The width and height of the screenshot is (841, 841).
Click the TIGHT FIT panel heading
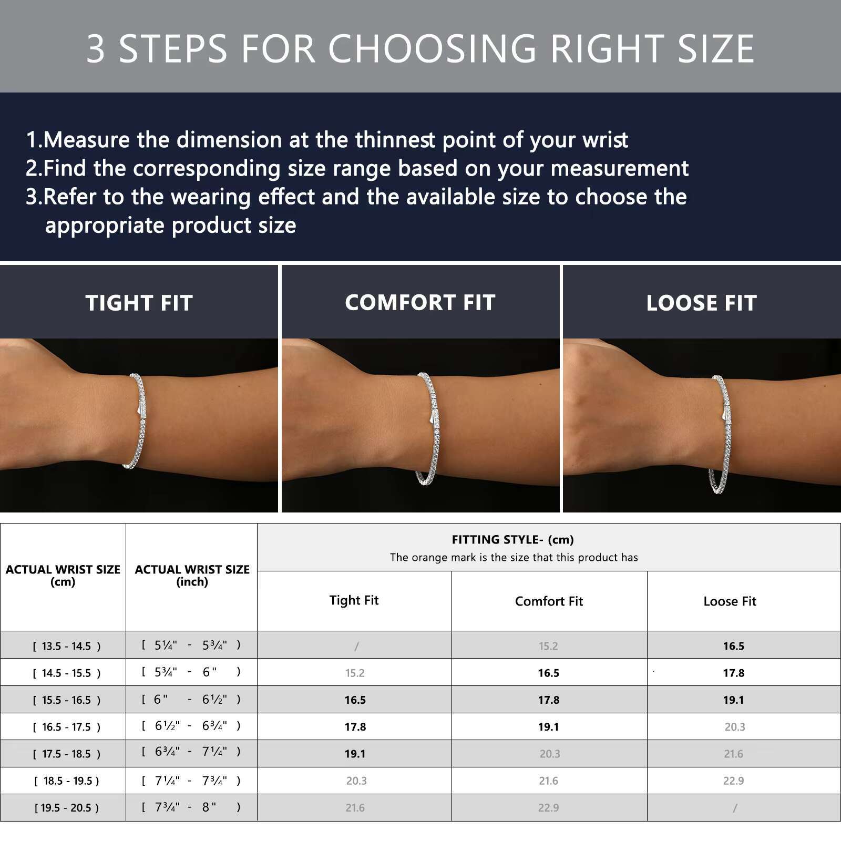pos(139,303)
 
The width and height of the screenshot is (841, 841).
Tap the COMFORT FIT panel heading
pos(420,302)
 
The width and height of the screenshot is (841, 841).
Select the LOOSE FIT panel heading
pos(702,303)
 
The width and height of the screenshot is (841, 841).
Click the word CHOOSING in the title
pos(432,48)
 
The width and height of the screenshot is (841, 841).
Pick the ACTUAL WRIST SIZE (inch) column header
pos(192,576)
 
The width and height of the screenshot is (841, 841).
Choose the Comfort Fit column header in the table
pos(549,601)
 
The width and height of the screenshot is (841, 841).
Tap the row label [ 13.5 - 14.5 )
pos(67,646)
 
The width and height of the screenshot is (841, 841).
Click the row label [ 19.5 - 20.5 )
pos(67,808)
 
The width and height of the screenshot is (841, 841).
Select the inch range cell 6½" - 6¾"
pos(191,726)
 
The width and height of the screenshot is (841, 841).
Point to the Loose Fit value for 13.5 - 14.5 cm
pos(733,646)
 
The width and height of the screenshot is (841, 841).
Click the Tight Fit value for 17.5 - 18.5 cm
pos(355,754)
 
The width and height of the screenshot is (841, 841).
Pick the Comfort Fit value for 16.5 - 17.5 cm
pos(548,727)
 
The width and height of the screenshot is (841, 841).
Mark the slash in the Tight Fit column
pos(356,646)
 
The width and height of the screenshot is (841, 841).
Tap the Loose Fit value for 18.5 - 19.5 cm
pos(733,781)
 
